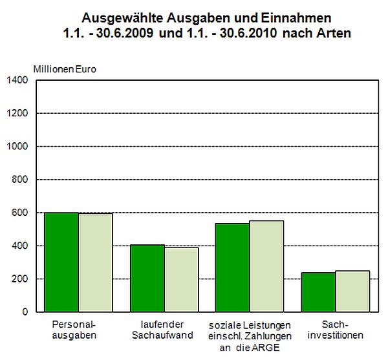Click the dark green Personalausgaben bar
click(61, 262)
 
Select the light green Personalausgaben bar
click(95, 262)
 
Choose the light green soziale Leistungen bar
click(266, 266)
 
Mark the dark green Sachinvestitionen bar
click(318, 291)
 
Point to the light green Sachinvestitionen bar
click(352, 291)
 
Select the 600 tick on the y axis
click(20, 213)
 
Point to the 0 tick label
click(25, 312)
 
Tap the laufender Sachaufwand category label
click(162, 330)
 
